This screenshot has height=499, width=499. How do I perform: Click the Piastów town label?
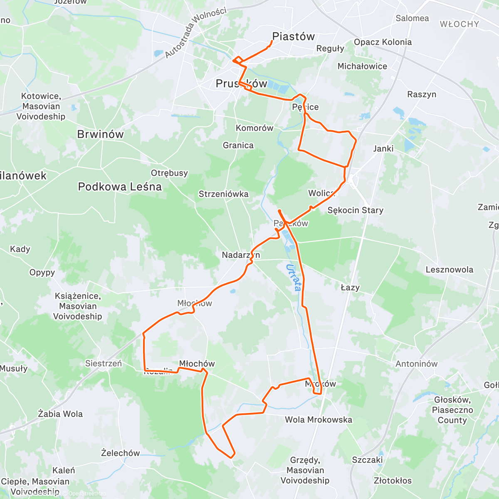point(293,37)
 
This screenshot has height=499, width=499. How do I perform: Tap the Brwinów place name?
point(100,134)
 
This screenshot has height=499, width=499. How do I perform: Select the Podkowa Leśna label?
point(120,187)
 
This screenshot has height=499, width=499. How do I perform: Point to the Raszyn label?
point(422,94)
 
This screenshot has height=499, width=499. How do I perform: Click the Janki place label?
point(383,148)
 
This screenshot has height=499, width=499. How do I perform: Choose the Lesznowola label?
point(449,269)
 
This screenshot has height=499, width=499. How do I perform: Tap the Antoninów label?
point(416,364)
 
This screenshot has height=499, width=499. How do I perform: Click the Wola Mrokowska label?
point(318,420)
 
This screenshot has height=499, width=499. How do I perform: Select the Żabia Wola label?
point(60,414)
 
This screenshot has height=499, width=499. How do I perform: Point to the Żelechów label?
point(120,453)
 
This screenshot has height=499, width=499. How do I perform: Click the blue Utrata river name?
point(294,277)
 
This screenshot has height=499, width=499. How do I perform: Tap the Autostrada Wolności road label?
point(195,32)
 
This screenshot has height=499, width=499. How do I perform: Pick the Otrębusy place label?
point(169,173)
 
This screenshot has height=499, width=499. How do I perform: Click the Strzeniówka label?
point(223,194)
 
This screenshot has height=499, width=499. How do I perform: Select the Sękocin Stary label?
point(355,210)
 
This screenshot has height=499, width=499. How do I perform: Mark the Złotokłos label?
point(393,481)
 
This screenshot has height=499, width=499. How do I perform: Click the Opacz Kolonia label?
point(383,42)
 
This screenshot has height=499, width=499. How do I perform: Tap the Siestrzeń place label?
point(104,363)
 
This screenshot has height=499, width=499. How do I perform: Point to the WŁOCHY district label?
point(459,24)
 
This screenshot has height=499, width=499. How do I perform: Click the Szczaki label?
point(367,460)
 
